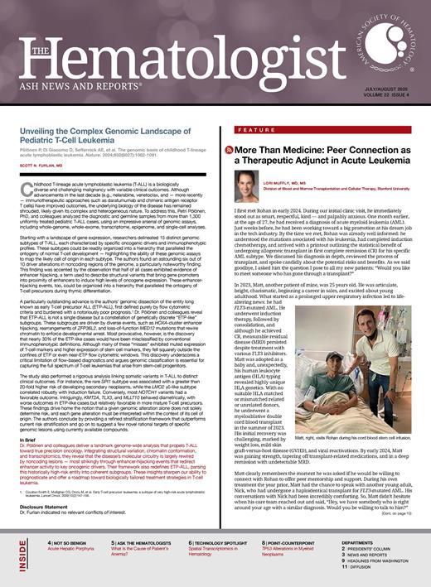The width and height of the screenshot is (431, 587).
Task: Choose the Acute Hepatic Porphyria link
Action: [66, 557]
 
